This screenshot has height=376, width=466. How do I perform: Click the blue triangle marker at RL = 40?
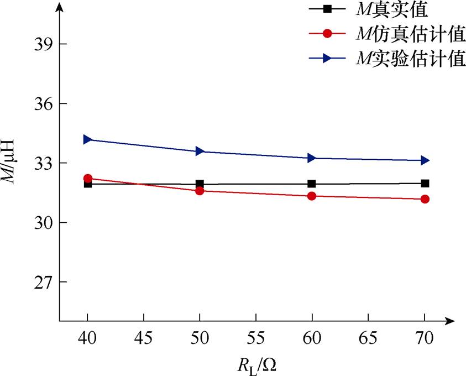[x=87, y=139]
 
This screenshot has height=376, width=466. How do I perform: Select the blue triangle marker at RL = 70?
[x=425, y=160]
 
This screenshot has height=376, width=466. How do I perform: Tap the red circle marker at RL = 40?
[x=87, y=179]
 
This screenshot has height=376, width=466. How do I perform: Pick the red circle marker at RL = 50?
[x=200, y=191]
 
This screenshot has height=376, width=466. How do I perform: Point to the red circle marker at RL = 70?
[x=425, y=199]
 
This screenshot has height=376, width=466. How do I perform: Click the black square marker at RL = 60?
[x=312, y=184]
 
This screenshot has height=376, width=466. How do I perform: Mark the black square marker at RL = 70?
[x=425, y=183]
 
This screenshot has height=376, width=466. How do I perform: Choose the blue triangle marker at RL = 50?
[x=200, y=151]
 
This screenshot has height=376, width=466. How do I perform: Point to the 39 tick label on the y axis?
[x=41, y=44]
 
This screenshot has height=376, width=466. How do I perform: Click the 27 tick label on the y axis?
[x=41, y=282]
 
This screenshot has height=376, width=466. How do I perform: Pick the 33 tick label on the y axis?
[x=41, y=163]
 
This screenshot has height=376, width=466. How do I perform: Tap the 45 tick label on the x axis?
[x=144, y=337]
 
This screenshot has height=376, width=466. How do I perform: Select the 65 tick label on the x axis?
[x=368, y=337]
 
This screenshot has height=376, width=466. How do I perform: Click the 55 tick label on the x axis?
[x=256, y=337]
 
